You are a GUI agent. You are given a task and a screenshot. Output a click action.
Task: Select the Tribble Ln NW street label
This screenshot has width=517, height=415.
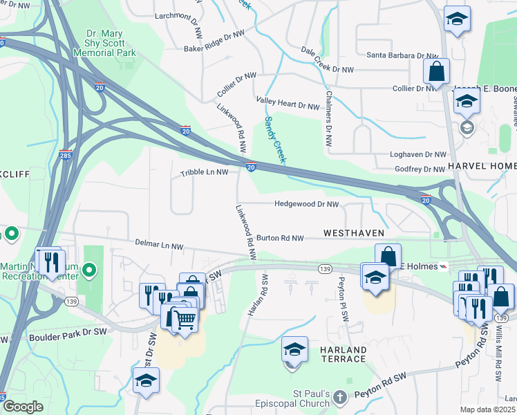(x=204, y=172)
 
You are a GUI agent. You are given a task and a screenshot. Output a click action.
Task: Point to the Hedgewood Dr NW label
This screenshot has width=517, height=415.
(x=306, y=205)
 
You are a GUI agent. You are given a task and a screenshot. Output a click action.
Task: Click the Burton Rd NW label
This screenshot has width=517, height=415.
(x=280, y=238)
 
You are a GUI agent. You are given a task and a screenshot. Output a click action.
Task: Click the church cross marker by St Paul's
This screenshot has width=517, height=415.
(x=339, y=397)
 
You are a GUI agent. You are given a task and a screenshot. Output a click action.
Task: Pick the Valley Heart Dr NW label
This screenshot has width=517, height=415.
(x=288, y=103)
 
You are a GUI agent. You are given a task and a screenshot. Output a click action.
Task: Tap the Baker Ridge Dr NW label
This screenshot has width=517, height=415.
(x=214, y=41)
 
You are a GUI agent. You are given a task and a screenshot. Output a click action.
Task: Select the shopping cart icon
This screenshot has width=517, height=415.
(x=183, y=318)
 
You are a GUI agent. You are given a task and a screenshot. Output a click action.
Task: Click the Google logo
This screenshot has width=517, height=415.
(x=23, y=406)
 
